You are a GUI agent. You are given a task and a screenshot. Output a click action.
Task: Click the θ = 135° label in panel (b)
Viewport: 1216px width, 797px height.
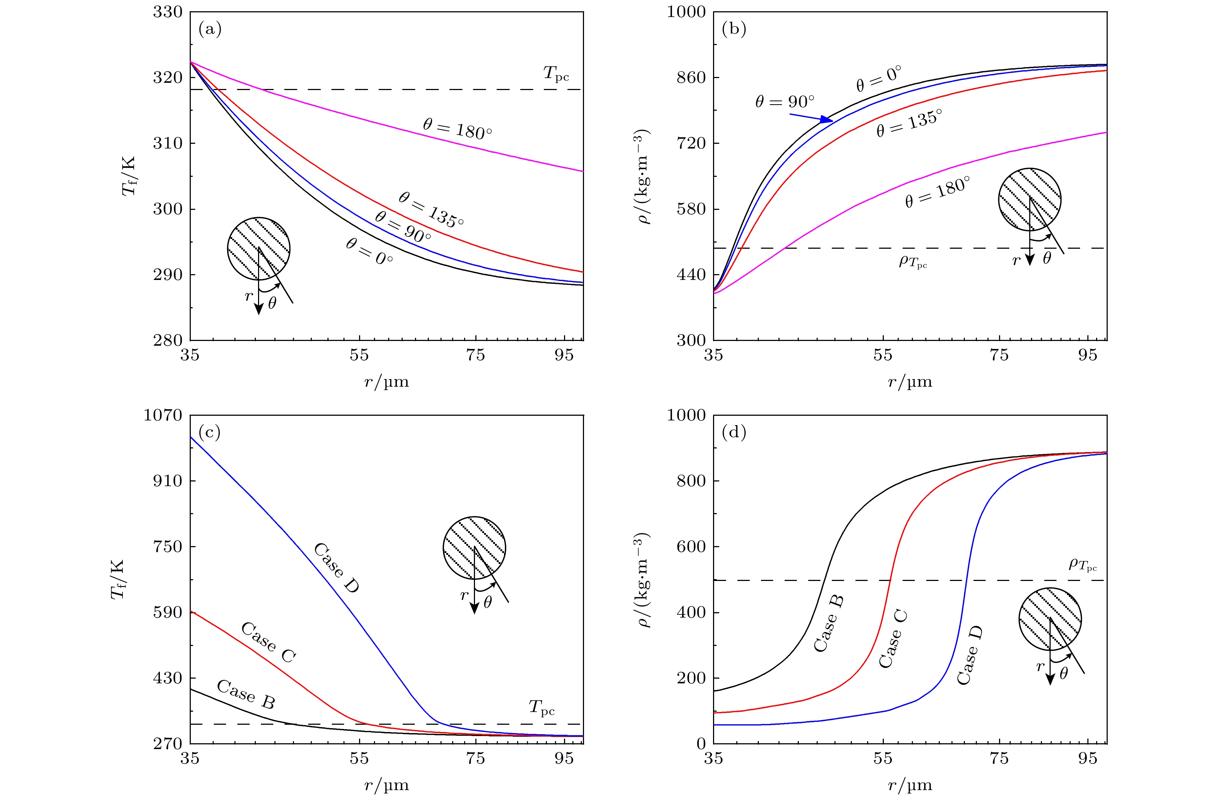pos(909,123)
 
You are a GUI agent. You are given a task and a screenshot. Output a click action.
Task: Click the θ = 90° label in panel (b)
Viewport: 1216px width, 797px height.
pos(785,102)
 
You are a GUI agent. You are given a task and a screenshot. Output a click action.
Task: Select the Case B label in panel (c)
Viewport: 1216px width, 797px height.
pos(246,694)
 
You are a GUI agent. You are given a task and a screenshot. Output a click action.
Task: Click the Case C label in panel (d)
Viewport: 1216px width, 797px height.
pos(893,638)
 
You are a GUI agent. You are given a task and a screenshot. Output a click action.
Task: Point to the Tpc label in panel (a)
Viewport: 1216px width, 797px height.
pos(556,74)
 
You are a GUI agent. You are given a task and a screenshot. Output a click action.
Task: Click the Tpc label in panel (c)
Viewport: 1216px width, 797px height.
pos(541,708)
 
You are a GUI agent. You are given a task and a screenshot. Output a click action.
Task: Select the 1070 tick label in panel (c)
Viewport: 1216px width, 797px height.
pos(162,415)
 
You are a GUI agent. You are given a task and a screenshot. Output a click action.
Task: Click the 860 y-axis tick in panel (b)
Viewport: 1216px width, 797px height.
pos(691,78)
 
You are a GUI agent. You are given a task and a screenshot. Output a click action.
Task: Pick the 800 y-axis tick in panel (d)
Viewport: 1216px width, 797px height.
pos(691,481)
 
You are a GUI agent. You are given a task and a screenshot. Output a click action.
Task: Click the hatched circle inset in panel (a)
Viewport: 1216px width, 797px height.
pos(258,249)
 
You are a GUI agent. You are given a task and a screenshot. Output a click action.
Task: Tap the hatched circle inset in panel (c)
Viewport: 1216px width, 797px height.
pos(474,548)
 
